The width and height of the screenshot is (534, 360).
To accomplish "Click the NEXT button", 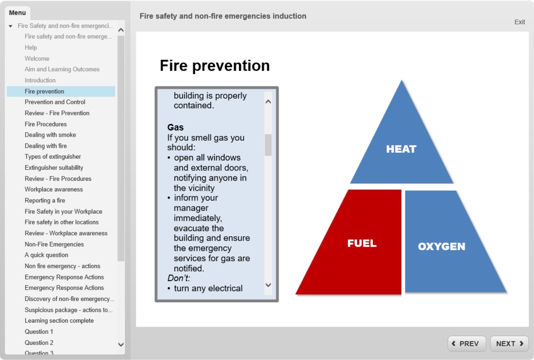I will tap(509, 344).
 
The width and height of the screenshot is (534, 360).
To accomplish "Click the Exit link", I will tap(519, 22).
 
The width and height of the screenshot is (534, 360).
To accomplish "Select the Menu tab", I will tap(17, 13).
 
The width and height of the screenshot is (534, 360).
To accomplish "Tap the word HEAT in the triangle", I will tap(401, 149).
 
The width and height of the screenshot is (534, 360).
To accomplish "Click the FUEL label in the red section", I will tap(362, 243).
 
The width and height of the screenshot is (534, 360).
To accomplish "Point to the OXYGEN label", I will tap(441, 247).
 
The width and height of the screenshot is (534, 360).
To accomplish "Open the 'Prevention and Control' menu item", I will tap(55, 102).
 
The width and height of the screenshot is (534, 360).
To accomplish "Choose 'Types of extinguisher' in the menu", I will tap(53, 157).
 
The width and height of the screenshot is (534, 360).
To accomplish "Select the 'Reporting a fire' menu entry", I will tap(45, 200).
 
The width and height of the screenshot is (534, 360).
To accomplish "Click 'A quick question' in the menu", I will tap(46, 255).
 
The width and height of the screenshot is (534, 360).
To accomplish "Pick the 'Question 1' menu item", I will tap(39, 332).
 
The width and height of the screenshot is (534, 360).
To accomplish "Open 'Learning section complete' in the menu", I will tap(59, 321).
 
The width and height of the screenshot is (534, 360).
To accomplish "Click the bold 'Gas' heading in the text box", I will tap(175, 128).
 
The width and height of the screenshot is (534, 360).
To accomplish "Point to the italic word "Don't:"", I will tap(179, 278).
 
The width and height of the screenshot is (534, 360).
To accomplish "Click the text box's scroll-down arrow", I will tap(268, 285).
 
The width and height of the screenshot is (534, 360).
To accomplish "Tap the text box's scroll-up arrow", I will tap(268, 102).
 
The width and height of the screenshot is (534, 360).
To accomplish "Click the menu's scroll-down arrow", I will tap(121, 344).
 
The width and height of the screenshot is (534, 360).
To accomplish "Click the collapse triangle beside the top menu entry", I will tap(11, 26).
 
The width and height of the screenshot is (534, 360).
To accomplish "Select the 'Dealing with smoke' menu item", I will tap(50, 135).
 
